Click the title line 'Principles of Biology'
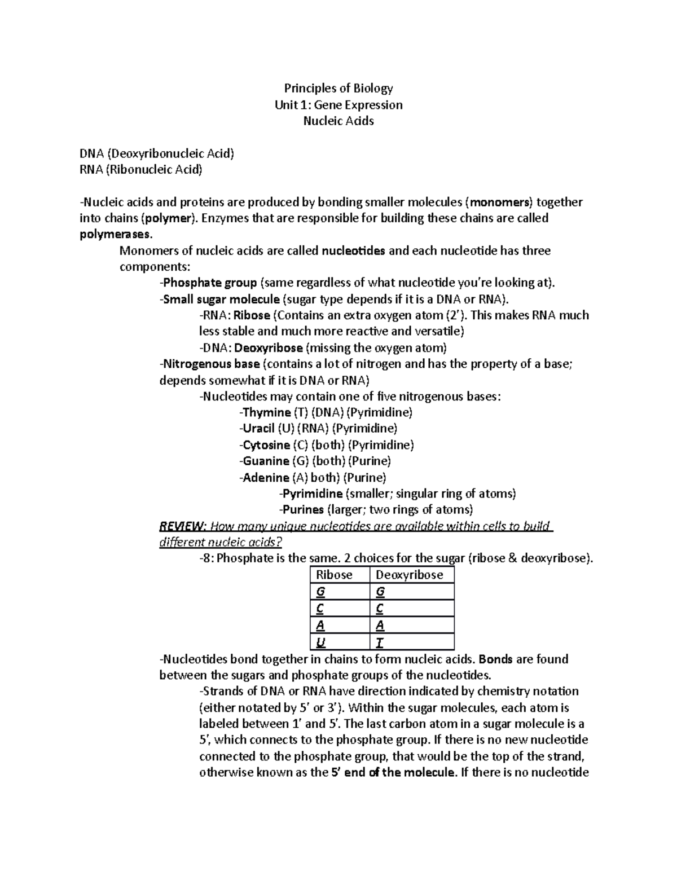(338, 88)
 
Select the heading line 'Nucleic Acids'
(338, 121)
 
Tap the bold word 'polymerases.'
(116, 234)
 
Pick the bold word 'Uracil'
(258, 429)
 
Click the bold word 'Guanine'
(265, 461)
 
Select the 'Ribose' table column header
(334, 575)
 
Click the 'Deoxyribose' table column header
(409, 575)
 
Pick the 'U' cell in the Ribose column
(320, 642)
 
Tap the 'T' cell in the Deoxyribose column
(379, 642)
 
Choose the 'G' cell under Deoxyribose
(380, 592)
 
